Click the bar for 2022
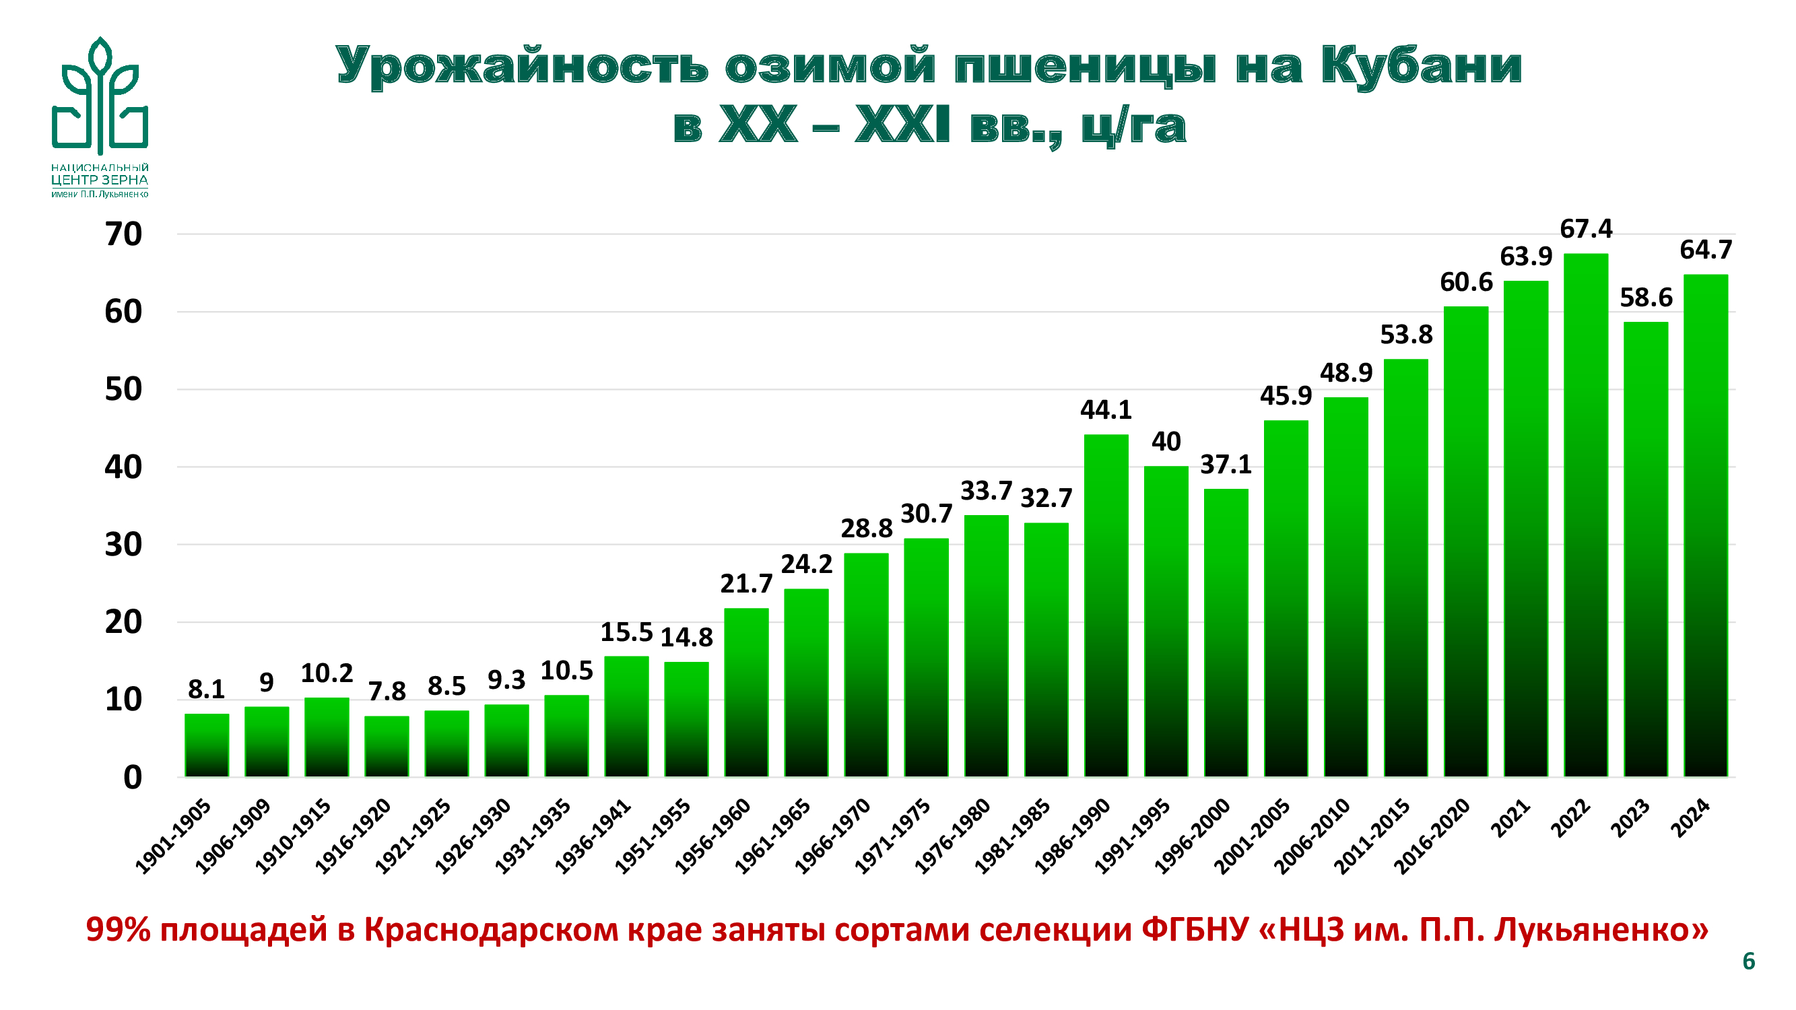click(1585, 516)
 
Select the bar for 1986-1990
click(1106, 607)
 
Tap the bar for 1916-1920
click(387, 747)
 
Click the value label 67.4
click(1585, 229)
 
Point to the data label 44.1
click(1106, 410)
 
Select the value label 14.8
click(686, 637)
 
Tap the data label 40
click(1166, 441)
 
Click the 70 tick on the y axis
click(123, 234)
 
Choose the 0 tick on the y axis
click(133, 777)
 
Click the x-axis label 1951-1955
click(653, 836)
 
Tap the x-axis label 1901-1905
click(173, 836)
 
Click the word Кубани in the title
click(1420, 66)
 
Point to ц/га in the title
click(1133, 126)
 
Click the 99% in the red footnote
click(118, 929)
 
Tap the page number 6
click(1749, 962)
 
